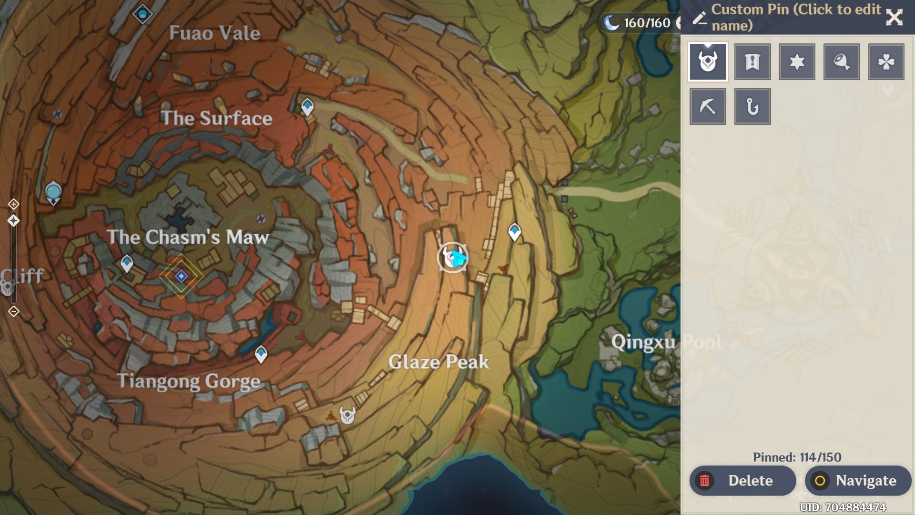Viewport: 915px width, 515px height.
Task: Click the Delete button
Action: click(742, 481)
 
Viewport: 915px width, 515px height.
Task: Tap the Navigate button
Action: click(858, 481)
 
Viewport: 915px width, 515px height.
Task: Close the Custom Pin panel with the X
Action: click(894, 18)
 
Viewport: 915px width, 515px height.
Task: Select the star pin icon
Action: click(797, 62)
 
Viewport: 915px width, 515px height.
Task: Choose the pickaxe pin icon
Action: click(708, 107)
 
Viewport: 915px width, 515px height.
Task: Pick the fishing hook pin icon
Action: click(752, 107)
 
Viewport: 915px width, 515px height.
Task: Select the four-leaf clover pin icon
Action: click(886, 62)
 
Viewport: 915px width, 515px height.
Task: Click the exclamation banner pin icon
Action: click(752, 62)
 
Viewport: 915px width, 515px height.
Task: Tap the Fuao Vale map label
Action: click(214, 33)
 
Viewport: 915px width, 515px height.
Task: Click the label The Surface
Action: click(216, 118)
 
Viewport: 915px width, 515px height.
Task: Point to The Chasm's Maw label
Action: click(188, 237)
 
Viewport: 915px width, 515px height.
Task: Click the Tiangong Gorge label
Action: click(189, 381)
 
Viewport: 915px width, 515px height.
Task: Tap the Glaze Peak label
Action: click(438, 362)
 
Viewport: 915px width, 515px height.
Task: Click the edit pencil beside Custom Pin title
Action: click(699, 18)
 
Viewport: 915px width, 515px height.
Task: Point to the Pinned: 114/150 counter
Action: click(797, 457)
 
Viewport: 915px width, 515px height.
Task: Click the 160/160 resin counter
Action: click(646, 23)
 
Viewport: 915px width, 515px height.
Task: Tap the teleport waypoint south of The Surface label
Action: click(307, 106)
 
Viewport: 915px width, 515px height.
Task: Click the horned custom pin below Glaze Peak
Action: click(347, 415)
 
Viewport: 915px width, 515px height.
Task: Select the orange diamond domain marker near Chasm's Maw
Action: click(181, 276)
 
